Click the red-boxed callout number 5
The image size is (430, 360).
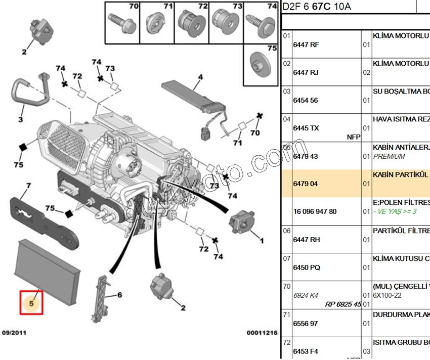tap(31, 302)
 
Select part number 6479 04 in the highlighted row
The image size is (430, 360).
tap(305, 184)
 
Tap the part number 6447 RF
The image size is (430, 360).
tap(306, 44)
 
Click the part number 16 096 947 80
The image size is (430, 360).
tap(314, 211)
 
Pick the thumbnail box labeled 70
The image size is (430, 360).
tap(123, 22)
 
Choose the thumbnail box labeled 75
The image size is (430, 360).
tap(261, 64)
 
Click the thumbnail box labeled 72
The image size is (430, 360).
tap(192, 22)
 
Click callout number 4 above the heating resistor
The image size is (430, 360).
tap(200, 77)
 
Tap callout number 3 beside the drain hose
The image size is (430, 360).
tap(21, 120)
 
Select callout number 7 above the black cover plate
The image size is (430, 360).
tap(29, 186)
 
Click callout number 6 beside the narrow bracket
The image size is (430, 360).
tap(119, 295)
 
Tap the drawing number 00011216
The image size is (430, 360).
tap(262, 333)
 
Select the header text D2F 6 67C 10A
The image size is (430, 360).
tap(316, 7)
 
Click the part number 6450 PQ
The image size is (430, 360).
tap(306, 267)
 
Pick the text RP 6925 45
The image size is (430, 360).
tap(343, 304)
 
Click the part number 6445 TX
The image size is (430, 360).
tap(306, 128)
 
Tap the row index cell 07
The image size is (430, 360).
tap(287, 258)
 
